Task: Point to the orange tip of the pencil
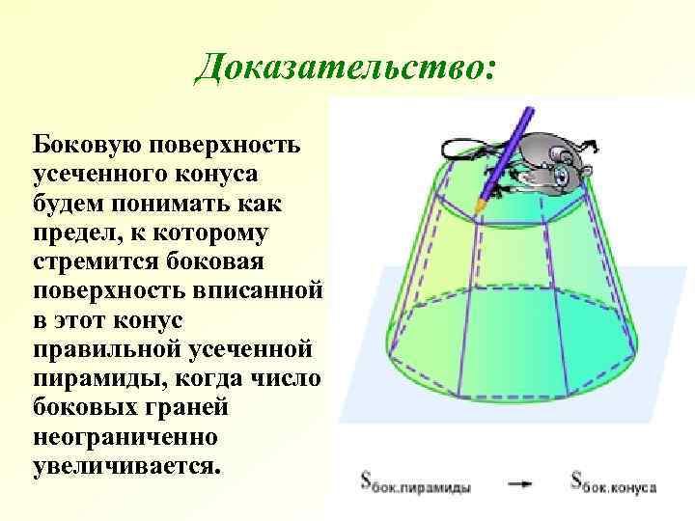click(480, 206)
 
